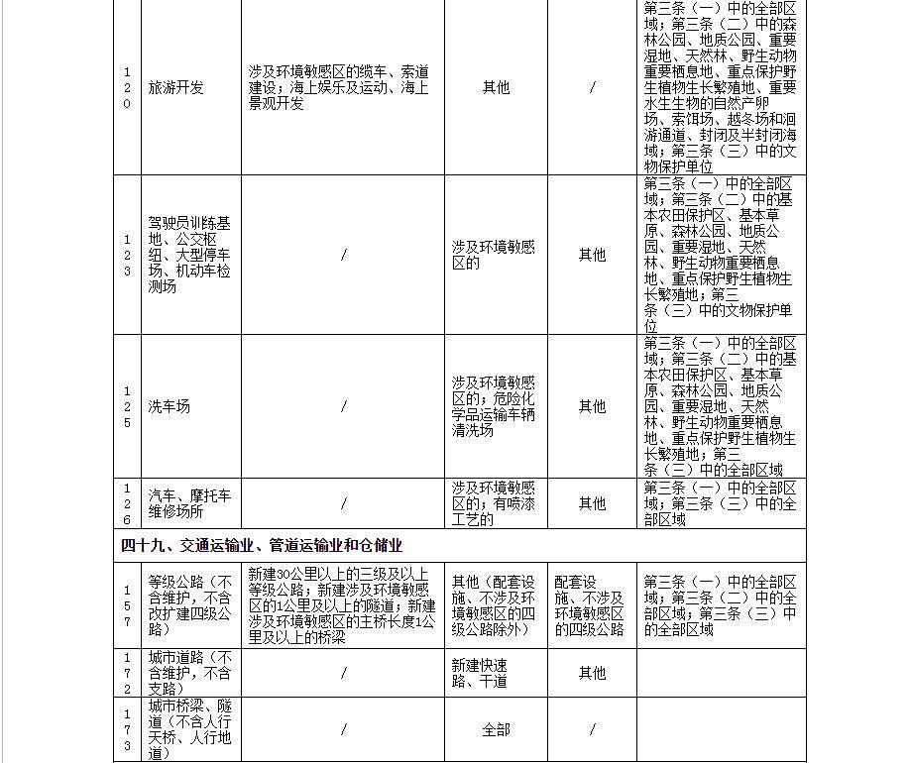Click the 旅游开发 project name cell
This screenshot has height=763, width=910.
click(x=176, y=87)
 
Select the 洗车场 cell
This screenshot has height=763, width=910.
click(x=170, y=406)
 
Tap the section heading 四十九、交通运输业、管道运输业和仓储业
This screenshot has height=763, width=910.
click(x=262, y=545)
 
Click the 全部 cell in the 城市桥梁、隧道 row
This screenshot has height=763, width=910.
click(x=496, y=729)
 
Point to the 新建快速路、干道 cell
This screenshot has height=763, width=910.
click(x=480, y=673)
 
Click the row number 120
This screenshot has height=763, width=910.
click(x=127, y=87)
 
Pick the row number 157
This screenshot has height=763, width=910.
click(x=127, y=605)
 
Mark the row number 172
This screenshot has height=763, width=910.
click(x=127, y=673)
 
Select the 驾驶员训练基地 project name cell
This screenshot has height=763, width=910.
click(x=189, y=255)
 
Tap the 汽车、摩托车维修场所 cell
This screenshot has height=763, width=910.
click(x=189, y=503)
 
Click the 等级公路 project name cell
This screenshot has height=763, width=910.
click(x=189, y=605)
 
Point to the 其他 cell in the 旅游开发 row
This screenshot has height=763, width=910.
click(x=496, y=87)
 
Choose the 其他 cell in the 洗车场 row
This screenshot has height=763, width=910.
click(x=592, y=406)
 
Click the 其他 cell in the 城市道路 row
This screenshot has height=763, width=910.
click(x=592, y=673)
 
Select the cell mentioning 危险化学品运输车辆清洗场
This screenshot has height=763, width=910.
click(x=494, y=406)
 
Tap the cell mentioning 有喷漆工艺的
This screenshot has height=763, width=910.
click(x=494, y=503)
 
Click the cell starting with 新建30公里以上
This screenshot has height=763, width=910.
click(x=342, y=605)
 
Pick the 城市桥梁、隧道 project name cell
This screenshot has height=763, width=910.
click(x=189, y=729)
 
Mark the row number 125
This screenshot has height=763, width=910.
click(x=127, y=406)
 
